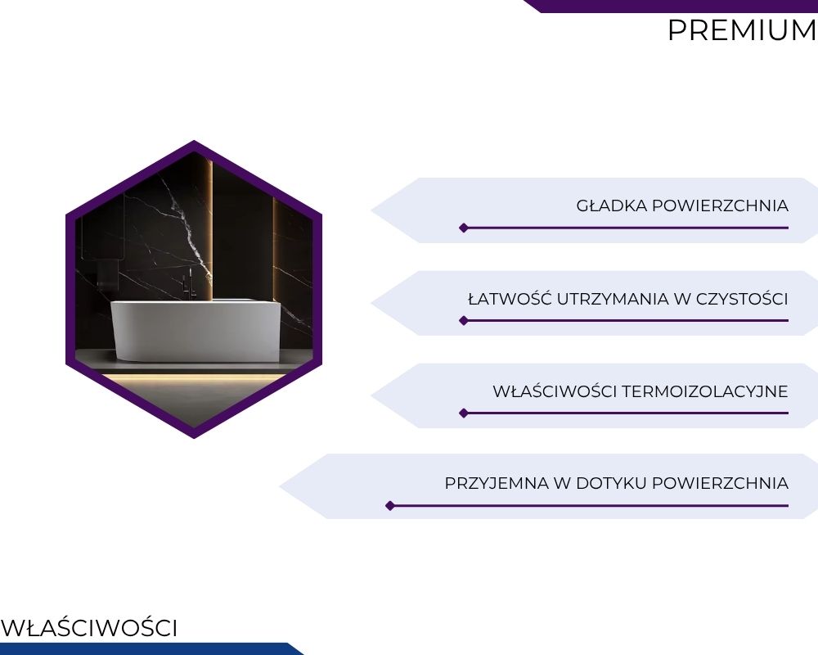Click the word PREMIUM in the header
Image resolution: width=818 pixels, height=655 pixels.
[x=743, y=30]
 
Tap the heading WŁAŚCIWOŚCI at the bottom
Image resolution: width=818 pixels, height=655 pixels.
[x=89, y=628]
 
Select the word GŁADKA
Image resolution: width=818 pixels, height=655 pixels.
[x=611, y=206]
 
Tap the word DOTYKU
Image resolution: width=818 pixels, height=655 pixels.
[x=611, y=483]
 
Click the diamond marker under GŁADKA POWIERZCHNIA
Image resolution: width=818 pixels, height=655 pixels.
[x=463, y=228]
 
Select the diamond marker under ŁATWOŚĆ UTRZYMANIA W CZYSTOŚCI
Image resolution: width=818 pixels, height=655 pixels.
[x=463, y=320]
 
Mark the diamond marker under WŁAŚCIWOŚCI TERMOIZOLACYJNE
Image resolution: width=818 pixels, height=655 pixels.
[x=463, y=413]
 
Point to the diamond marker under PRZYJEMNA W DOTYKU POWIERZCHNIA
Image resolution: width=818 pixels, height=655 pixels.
[x=389, y=505]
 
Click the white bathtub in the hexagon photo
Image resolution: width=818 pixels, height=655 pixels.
[x=196, y=330]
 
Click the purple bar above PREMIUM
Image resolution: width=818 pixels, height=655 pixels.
[x=671, y=6]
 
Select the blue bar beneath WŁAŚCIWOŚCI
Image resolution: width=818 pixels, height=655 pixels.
[x=151, y=648]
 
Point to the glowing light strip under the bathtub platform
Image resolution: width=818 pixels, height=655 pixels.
[x=194, y=377]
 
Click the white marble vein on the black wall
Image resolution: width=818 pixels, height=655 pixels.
[x=188, y=224]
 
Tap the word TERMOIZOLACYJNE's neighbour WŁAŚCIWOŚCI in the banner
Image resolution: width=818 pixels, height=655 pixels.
[x=555, y=391]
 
